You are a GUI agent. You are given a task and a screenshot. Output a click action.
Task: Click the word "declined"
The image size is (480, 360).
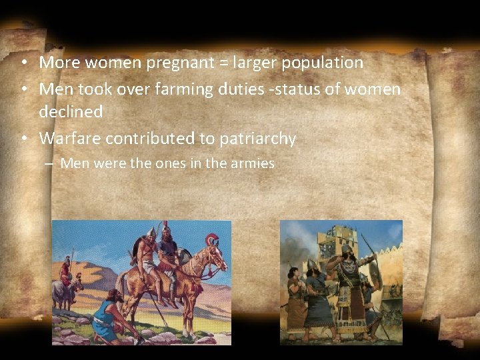[71, 112]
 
